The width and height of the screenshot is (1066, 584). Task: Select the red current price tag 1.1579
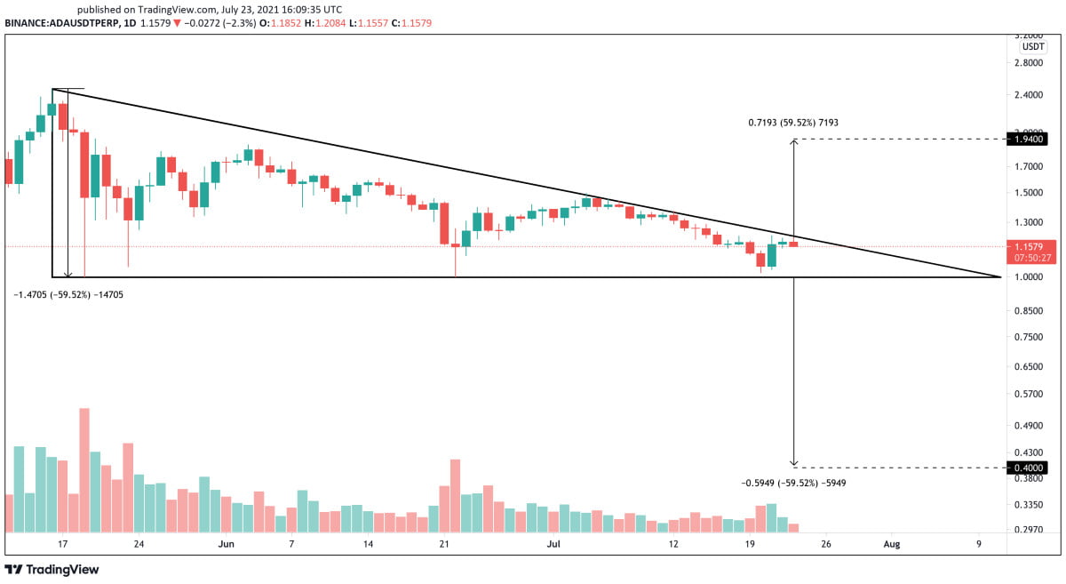[x=1032, y=245]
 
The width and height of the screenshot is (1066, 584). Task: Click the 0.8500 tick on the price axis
[x=1030, y=311]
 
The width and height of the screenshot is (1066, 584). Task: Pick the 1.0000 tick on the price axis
[x=1030, y=277]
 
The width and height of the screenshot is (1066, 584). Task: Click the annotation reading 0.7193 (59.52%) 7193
[x=792, y=124]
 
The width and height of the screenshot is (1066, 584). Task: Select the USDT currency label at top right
[x=1033, y=46]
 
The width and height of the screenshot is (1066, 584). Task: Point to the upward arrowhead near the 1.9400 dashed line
[x=793, y=142]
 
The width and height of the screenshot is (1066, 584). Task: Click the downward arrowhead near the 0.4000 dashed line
[x=793, y=464]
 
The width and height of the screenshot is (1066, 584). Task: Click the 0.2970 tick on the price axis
[x=1030, y=529]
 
